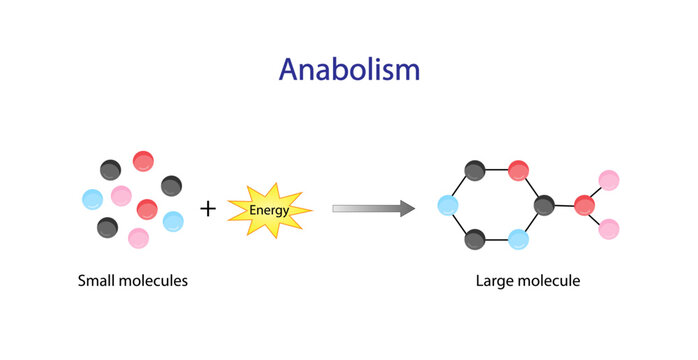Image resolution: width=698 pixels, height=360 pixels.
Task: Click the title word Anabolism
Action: coord(349,69)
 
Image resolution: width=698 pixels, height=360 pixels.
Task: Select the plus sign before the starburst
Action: coord(208,209)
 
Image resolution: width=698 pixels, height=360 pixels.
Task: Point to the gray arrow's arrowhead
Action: coord(405,208)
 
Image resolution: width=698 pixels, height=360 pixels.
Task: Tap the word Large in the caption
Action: coord(495,281)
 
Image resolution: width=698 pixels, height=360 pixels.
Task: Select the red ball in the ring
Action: coord(518,171)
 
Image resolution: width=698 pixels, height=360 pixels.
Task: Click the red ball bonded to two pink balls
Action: coord(585,206)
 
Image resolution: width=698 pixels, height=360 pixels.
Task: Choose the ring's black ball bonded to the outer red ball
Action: coord(545,206)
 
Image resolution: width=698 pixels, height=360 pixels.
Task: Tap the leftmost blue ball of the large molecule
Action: coord(448,206)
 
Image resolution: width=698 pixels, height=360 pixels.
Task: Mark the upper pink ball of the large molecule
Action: coord(609,181)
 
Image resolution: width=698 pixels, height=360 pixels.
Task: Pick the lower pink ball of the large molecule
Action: coord(609,230)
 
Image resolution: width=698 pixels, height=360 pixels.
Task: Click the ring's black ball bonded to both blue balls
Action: coord(476,239)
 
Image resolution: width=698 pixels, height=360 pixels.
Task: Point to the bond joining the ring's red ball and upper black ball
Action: coord(497,171)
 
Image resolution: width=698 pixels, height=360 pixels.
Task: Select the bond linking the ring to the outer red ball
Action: coord(565,206)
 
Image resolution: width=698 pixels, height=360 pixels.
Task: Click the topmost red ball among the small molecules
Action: coord(144,160)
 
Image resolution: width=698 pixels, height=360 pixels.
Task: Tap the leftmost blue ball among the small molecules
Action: coord(93,199)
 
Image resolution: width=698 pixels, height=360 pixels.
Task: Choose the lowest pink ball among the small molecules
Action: coord(138,238)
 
